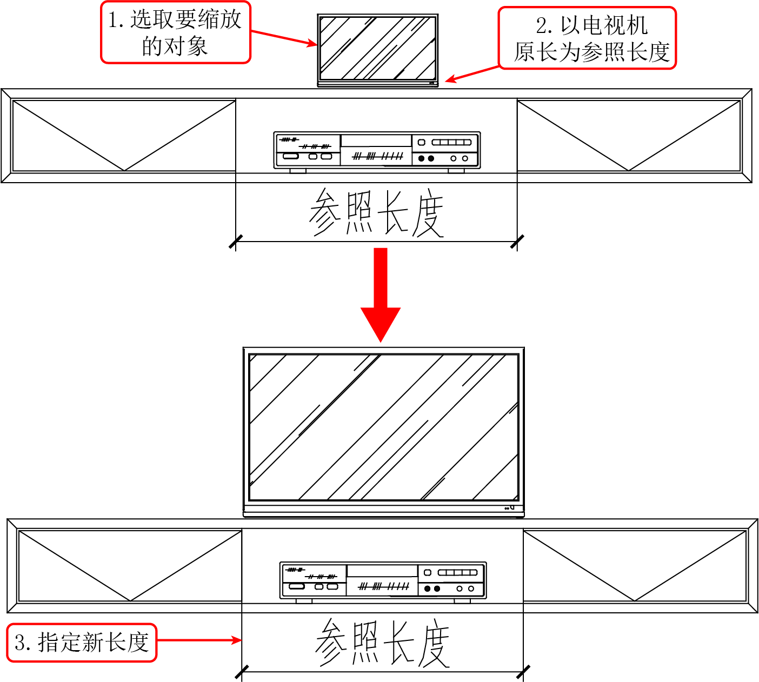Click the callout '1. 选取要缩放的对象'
[x=176, y=32]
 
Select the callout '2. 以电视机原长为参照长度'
[x=587, y=38]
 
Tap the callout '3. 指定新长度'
[x=82, y=643]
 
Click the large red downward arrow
[x=381, y=295]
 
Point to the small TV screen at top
[x=378, y=48]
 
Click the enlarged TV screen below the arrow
[x=384, y=427]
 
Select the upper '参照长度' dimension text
[x=376, y=212]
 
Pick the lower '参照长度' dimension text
[x=383, y=643]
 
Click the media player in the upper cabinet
[x=377, y=152]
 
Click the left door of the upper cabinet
[x=124, y=136]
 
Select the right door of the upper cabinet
[x=629, y=136]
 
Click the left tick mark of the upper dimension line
[x=236, y=242]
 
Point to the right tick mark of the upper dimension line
[x=517, y=242]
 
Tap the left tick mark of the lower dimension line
[x=242, y=672]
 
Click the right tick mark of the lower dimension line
[x=523, y=672]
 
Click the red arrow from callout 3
[x=199, y=640]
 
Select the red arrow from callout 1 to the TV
[x=284, y=38]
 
